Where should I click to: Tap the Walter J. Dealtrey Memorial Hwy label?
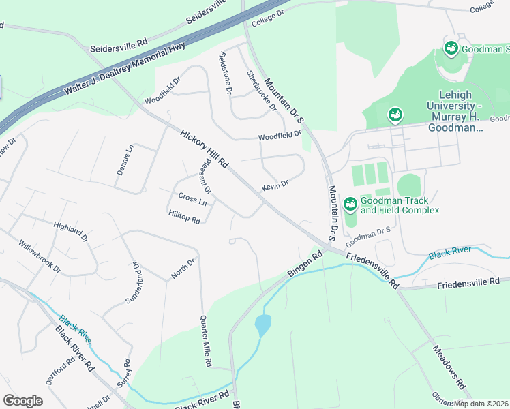[x=125, y=68]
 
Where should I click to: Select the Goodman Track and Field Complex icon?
[x=350, y=204]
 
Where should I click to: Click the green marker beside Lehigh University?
[x=395, y=115]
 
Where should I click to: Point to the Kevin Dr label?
[x=275, y=185]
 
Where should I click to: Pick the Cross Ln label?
[x=192, y=199]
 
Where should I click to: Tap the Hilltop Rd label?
[x=184, y=217]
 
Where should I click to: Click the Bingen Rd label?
[x=304, y=265]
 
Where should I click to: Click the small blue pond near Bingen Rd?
[x=262, y=325]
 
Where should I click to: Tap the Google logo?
[x=23, y=401]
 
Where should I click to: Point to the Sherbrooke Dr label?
[x=262, y=91]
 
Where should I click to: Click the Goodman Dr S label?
[x=367, y=237]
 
